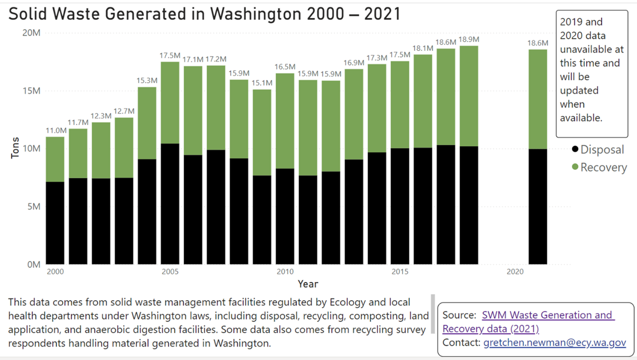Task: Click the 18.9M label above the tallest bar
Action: pos(469,39)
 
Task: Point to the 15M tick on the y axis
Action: pos(31,91)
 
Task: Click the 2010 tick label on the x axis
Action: pos(285,272)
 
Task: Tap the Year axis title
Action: pos(308,284)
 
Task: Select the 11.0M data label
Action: pos(55,130)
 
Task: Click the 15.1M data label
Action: pos(262,83)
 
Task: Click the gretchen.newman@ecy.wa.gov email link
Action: pos(555,343)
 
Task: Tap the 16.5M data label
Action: pos(285,67)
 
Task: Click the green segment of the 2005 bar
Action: pos(170,102)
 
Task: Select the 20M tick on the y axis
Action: pos(31,33)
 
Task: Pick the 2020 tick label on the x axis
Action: pos(515,272)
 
